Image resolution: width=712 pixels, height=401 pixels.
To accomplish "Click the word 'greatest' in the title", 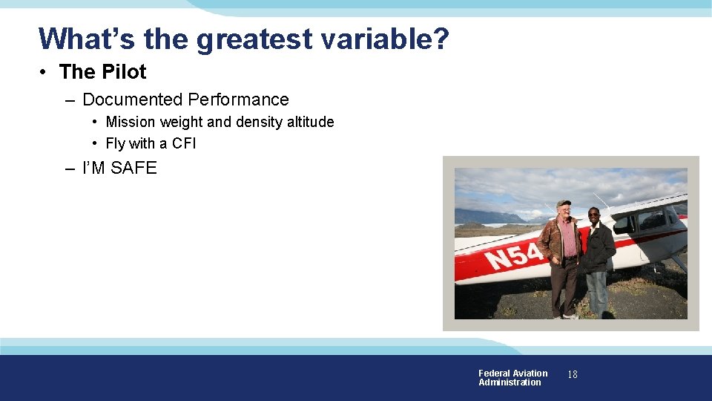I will [254, 39].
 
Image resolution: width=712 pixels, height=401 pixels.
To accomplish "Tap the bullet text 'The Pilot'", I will [102, 72].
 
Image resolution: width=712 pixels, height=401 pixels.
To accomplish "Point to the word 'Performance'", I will [238, 100].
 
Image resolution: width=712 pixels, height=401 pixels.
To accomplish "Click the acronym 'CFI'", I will [184, 143].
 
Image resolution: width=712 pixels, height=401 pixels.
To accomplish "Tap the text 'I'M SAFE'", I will [119, 168].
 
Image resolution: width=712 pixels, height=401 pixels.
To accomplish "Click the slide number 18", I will [572, 375].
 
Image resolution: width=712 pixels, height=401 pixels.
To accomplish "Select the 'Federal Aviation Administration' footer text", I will [512, 377].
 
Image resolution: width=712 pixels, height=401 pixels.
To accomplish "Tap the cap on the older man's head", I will [564, 203].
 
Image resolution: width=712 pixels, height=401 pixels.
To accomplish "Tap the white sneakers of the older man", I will [570, 316].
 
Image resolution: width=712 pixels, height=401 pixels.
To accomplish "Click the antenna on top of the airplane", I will [602, 198].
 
